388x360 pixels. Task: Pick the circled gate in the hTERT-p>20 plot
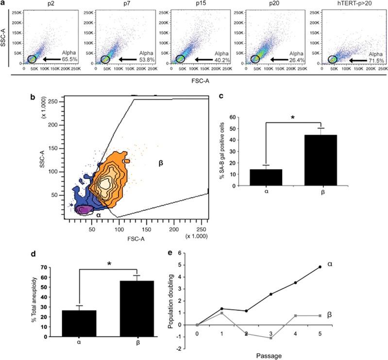point(333,59)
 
